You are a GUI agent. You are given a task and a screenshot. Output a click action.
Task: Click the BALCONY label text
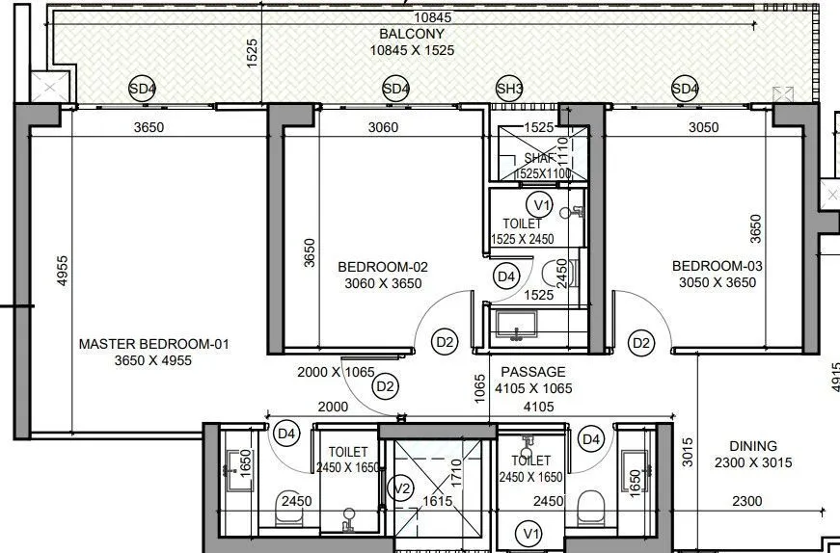click(x=417, y=34)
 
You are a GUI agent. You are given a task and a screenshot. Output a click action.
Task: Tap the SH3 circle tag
click(x=509, y=90)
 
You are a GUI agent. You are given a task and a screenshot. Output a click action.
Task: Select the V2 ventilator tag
click(x=404, y=489)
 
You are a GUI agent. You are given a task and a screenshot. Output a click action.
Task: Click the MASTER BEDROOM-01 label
click(x=154, y=344)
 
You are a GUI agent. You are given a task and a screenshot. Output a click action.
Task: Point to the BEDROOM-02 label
click(x=383, y=267)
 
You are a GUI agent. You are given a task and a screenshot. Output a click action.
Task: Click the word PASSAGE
click(x=533, y=372)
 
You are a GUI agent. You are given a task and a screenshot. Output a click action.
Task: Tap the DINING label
click(x=753, y=446)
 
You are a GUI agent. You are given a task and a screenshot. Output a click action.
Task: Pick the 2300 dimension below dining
click(x=746, y=501)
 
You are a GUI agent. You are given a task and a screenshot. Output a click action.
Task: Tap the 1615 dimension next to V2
click(x=437, y=501)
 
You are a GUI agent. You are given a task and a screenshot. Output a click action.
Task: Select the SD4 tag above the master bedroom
click(x=143, y=90)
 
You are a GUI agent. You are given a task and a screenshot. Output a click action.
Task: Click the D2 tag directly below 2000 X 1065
click(x=386, y=387)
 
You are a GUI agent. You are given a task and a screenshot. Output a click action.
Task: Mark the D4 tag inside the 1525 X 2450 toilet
click(x=505, y=277)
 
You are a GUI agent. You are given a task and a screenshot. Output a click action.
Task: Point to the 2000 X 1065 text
click(x=335, y=372)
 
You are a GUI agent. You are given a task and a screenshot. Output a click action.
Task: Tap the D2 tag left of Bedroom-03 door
click(x=641, y=342)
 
